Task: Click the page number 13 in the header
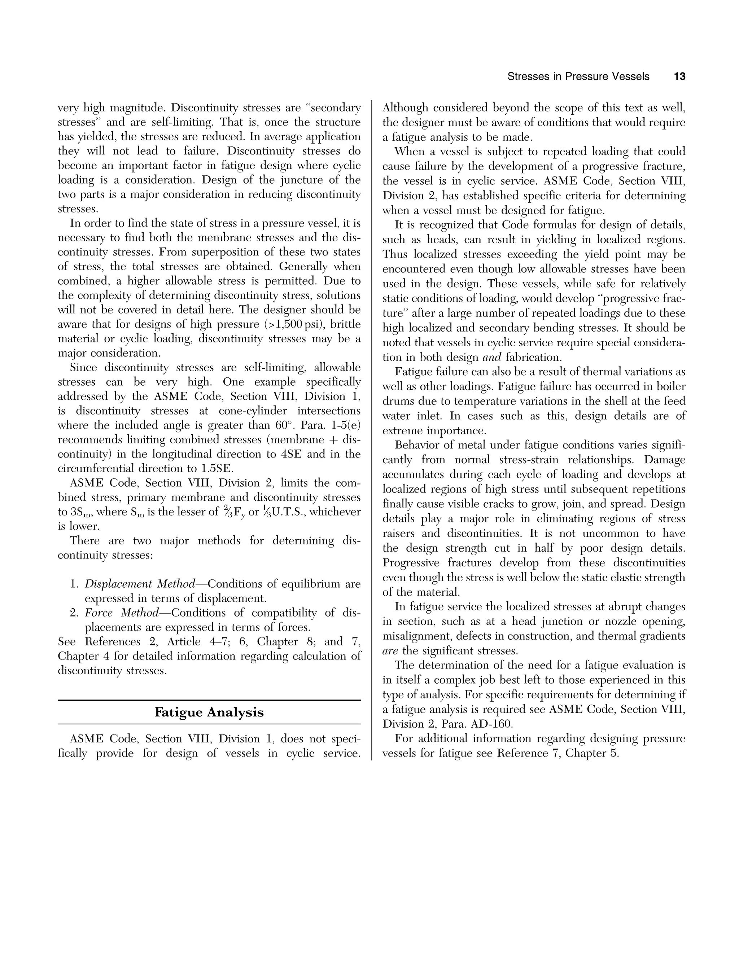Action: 679,76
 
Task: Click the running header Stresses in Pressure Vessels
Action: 578,76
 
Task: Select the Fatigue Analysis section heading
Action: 209,712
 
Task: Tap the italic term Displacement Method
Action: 140,584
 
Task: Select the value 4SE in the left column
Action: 290,454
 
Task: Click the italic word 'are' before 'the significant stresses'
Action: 390,651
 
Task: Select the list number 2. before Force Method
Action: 74,613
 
